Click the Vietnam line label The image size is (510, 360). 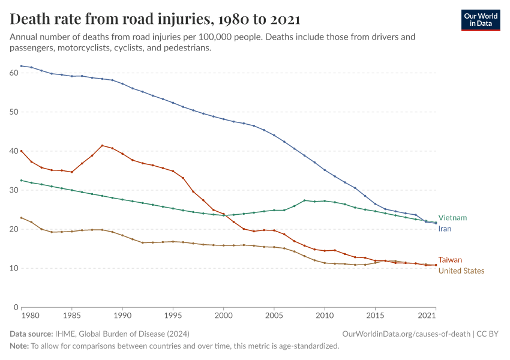pyautogui.click(x=452, y=218)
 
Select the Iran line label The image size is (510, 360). pyautogui.click(x=445, y=229)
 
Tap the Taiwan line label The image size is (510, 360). pyautogui.click(x=450, y=260)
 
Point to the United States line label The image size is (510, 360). pyautogui.click(x=461, y=271)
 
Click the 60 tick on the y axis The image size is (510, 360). pyautogui.click(x=14, y=73)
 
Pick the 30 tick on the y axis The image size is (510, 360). pyautogui.click(x=14, y=190)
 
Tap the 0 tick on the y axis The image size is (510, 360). pyautogui.click(x=16, y=307)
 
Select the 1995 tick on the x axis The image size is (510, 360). pyautogui.click(x=173, y=316)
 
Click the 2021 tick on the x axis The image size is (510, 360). pyautogui.click(x=427, y=316)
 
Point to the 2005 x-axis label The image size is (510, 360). pyautogui.click(x=274, y=316)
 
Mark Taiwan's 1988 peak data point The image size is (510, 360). pyautogui.click(x=102, y=145)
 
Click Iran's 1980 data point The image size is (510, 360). pyautogui.click(x=22, y=66)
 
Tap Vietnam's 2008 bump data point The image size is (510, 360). pyautogui.click(x=305, y=200)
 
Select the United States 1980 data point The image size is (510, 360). pyautogui.click(x=22, y=218)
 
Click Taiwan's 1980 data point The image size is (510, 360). pyautogui.click(x=22, y=151)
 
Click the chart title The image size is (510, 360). pyautogui.click(x=155, y=19)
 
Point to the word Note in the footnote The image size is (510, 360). pyautogui.click(x=19, y=346)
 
